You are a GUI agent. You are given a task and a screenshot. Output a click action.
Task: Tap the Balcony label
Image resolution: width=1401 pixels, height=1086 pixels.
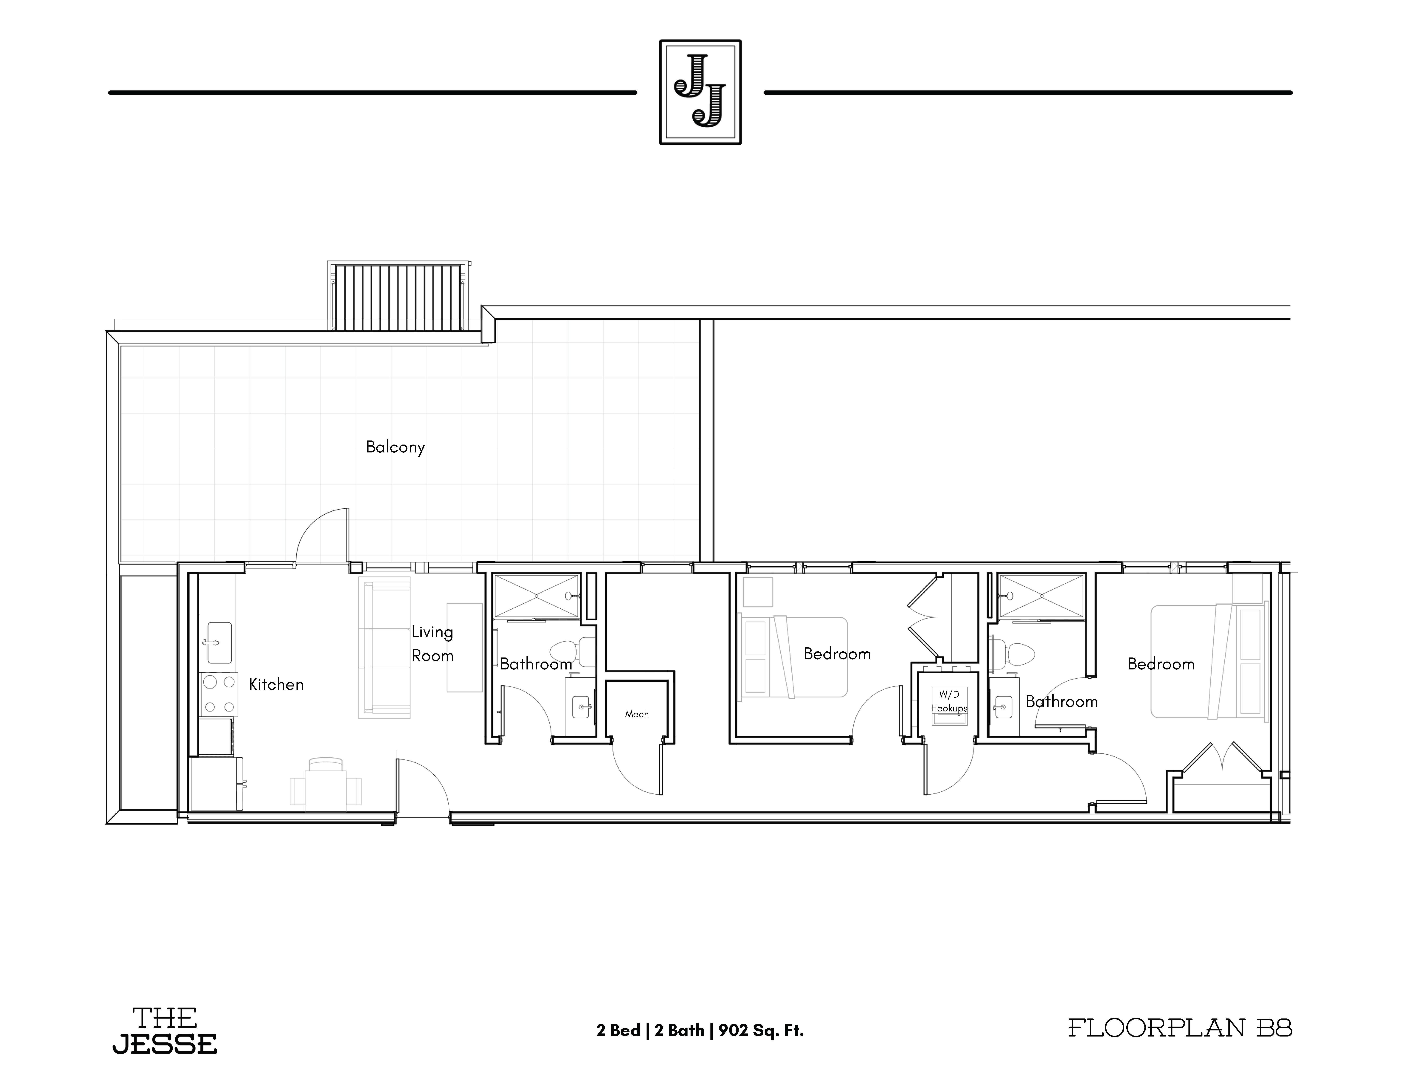pos(395,447)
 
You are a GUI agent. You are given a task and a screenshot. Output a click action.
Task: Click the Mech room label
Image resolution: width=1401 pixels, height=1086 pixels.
pos(637,714)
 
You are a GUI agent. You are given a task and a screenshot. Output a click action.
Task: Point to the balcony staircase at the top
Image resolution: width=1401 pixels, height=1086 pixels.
pos(399,296)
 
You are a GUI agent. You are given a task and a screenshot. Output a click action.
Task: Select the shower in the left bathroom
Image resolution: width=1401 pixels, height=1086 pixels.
pos(536,597)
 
